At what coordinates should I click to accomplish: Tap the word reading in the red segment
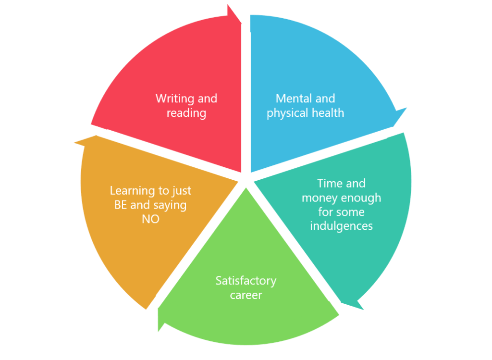coord(186,113)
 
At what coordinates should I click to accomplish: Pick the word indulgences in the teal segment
coord(341,226)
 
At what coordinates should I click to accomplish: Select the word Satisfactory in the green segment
coord(246,280)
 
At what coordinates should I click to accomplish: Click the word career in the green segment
coord(246,295)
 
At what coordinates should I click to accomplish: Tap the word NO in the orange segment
coord(150,220)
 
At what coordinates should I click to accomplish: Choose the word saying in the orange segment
coord(171,205)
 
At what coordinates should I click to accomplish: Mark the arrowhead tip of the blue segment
coord(406,108)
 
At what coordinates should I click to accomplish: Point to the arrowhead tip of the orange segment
coord(74,142)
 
